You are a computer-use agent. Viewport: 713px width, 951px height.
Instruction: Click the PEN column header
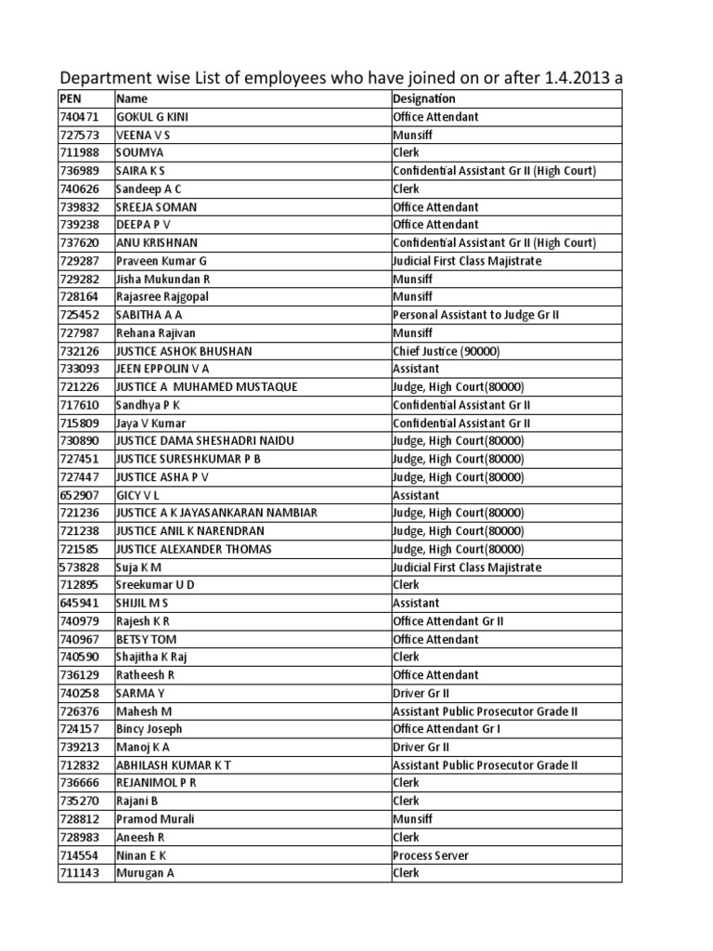coord(71,98)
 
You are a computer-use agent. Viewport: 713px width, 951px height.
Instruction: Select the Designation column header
coord(423,98)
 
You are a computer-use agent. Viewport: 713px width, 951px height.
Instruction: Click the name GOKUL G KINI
coord(154,117)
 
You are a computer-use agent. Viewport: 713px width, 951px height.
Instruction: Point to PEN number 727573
coord(79,135)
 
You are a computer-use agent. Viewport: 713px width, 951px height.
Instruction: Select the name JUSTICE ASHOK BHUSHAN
coord(184,351)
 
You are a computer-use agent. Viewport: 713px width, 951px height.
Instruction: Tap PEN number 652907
coord(79,495)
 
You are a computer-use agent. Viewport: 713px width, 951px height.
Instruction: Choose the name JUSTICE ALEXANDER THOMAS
coord(193,549)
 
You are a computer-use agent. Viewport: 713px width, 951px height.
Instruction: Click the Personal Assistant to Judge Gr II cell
coord(475,315)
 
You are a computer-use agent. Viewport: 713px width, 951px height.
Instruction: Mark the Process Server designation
coord(430,855)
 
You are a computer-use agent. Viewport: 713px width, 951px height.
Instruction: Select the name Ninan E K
coord(141,855)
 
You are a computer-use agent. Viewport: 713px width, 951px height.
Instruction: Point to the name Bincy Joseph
coord(149,729)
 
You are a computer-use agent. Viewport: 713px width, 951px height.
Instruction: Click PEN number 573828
coord(79,567)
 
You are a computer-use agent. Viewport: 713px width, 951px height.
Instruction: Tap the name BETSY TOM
coord(146,639)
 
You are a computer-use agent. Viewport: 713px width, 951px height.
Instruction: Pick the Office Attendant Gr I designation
coord(447,729)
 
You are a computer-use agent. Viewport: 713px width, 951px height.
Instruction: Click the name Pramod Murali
coord(154,819)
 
